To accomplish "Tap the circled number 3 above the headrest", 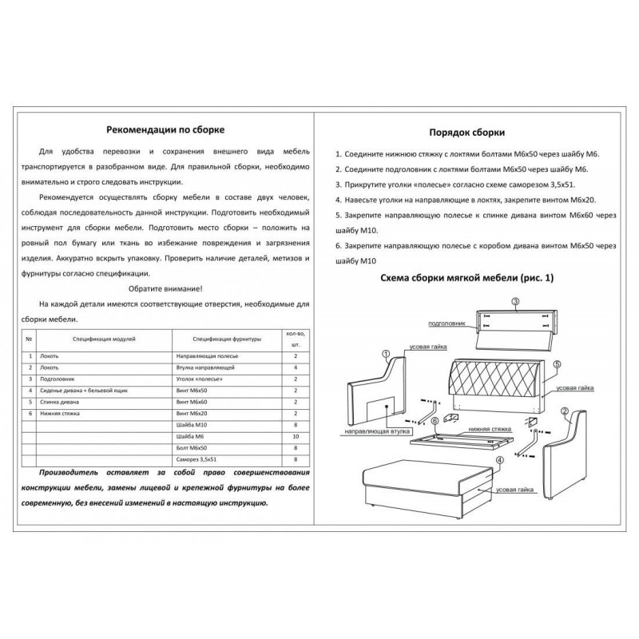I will pyautogui.click(x=515, y=301).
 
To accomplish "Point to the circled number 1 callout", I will pyautogui.click(x=385, y=354).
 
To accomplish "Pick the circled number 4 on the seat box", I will pyautogui.click(x=498, y=460).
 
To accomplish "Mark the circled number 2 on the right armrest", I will pyautogui.click(x=564, y=412).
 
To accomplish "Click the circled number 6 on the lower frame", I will pyautogui.click(x=434, y=422).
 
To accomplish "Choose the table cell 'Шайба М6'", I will pyautogui.click(x=188, y=437).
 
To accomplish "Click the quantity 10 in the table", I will pyautogui.click(x=296, y=437).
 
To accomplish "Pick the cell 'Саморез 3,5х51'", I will pyautogui.click(x=196, y=460).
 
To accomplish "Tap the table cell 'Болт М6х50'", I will pyautogui.click(x=191, y=449).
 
